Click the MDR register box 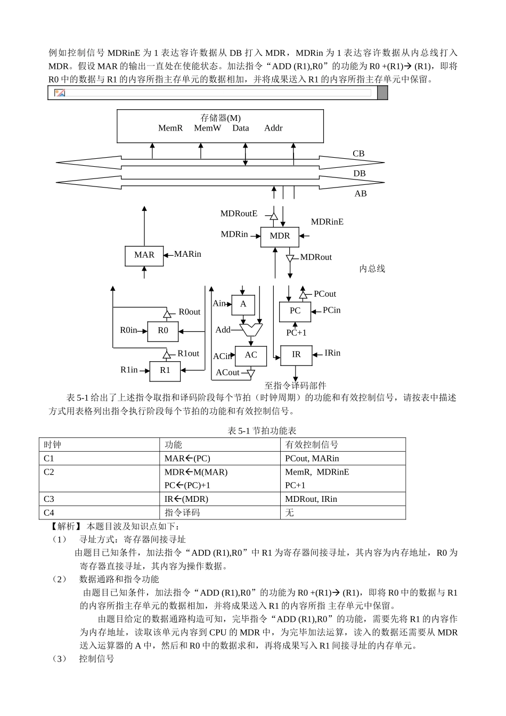coord(280,236)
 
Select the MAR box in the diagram coord(144,255)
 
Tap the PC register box coord(295,311)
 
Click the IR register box coord(296,355)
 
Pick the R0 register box coord(162,330)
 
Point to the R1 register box coord(165,370)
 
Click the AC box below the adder coord(251,355)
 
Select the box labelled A coord(243,304)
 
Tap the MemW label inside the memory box coord(207,128)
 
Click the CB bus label coord(358,153)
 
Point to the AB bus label coord(361,194)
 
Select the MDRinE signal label coord(327,222)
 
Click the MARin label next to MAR coord(187,254)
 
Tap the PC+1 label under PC coord(296,333)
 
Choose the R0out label coord(189,312)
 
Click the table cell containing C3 coord(99,499)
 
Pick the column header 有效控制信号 coord(312,445)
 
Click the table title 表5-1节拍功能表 coord(262,431)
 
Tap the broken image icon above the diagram coord(60,93)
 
